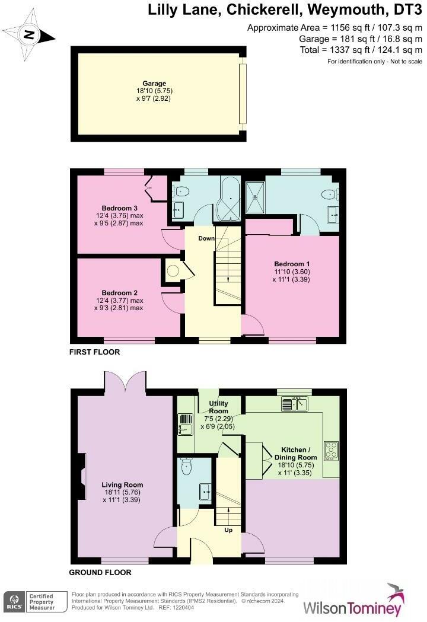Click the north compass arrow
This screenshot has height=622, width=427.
pyautogui.click(x=28, y=34)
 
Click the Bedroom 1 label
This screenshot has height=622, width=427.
pyautogui.click(x=292, y=263)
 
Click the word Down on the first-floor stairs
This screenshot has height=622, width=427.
pyautogui.click(x=206, y=238)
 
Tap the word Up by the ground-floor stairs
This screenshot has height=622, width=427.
pyautogui.click(x=228, y=530)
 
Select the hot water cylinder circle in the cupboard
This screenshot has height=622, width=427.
pyautogui.click(x=172, y=271)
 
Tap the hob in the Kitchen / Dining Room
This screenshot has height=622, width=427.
pyautogui.click(x=330, y=450)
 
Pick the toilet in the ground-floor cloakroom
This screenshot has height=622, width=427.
pyautogui.click(x=188, y=467)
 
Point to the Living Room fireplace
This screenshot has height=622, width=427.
pyautogui.click(x=81, y=475)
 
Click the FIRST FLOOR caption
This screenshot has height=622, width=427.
pyautogui.click(x=94, y=352)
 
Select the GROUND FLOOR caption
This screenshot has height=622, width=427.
pyautogui.click(x=100, y=573)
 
